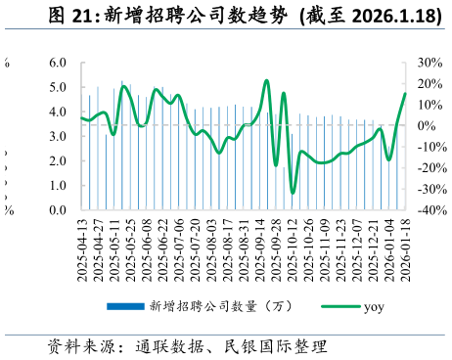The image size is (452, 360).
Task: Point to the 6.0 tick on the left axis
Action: (57, 63)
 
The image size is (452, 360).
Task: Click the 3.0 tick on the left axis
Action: (57, 136)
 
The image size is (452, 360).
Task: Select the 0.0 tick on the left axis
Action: (57, 209)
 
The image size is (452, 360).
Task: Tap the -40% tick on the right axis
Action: (429, 209)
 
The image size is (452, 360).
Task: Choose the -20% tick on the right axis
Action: (429, 167)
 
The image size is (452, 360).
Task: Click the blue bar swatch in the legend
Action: (123, 306)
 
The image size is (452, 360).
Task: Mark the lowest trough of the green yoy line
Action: (293, 192)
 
